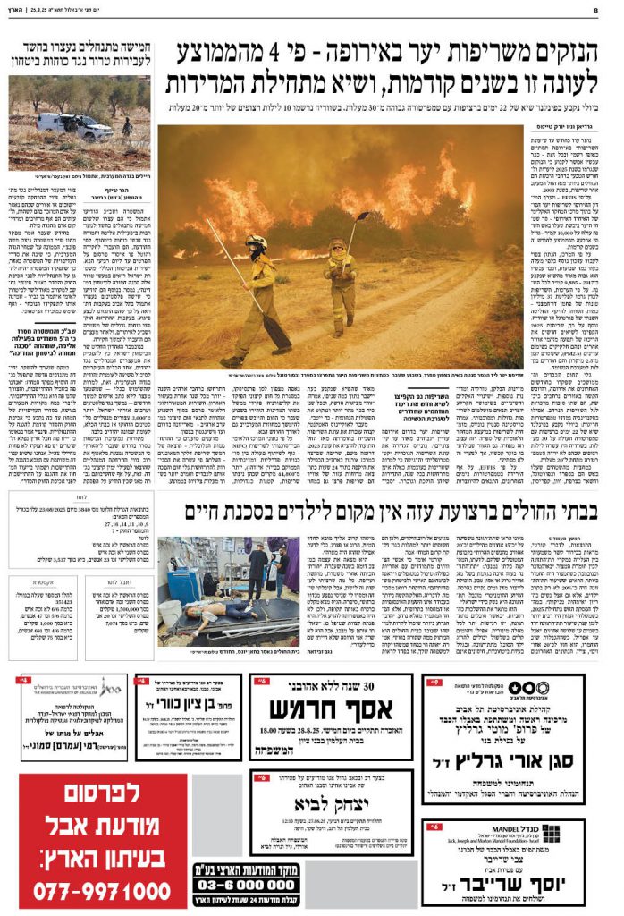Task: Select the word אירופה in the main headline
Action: click(348, 55)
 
